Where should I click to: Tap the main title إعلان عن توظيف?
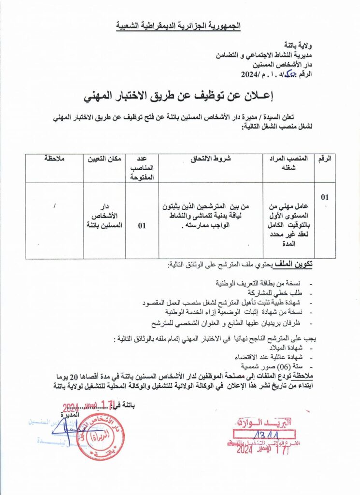(179, 96)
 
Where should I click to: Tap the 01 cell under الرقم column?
(325, 197)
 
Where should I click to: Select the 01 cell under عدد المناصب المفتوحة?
(142, 225)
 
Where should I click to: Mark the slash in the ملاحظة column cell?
(55, 206)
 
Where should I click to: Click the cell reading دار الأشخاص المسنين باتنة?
(103, 215)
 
